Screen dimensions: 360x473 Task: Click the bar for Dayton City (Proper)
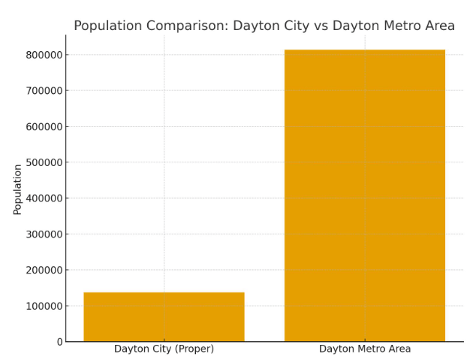tap(164, 316)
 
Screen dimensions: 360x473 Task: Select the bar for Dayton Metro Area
tap(364, 195)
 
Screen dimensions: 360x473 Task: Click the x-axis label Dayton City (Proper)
tap(164, 349)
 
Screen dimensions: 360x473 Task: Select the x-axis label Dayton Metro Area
tap(365, 349)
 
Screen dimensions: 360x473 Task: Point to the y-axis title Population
tap(17, 189)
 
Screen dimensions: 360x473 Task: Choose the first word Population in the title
tap(108, 26)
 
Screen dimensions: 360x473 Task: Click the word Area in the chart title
tap(439, 26)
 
